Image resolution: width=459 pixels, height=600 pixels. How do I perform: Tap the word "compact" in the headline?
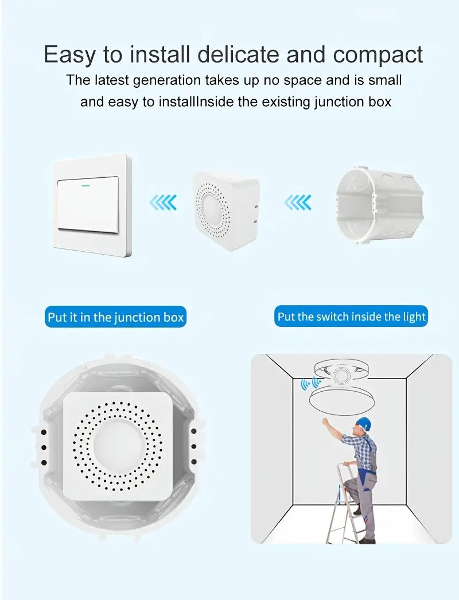tap(378, 54)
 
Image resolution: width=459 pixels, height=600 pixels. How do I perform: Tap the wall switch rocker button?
tap(88, 204)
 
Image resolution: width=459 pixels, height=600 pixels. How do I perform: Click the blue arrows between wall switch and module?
tap(163, 202)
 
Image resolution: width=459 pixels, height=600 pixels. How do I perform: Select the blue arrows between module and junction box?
tap(298, 202)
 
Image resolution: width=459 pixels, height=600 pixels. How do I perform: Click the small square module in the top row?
tap(225, 211)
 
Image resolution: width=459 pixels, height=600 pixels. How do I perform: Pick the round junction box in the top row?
tap(380, 207)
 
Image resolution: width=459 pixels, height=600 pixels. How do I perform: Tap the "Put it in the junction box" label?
tap(116, 317)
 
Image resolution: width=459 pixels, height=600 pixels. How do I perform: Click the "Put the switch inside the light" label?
tap(351, 316)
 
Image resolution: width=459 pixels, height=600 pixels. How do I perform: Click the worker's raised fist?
tap(325, 422)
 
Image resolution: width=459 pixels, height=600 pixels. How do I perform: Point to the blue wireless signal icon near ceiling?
tap(310, 383)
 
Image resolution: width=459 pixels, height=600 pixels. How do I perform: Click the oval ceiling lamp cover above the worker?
tap(339, 398)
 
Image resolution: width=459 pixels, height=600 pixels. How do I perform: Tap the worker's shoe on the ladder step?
tap(357, 511)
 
